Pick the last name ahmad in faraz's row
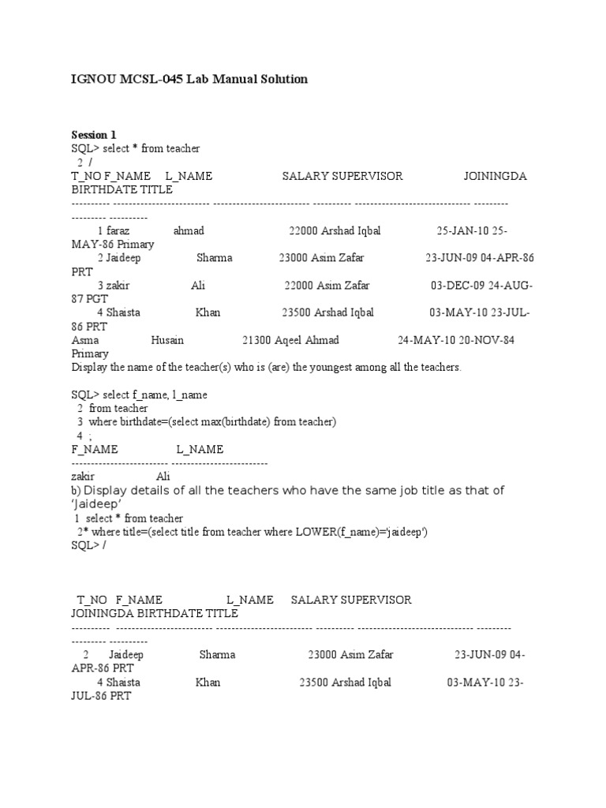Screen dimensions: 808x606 (x=189, y=231)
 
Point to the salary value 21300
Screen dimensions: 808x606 (x=256, y=340)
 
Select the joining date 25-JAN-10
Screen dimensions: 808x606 (x=462, y=231)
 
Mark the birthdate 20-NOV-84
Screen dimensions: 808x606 (x=485, y=340)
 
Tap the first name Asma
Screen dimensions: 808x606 (x=85, y=340)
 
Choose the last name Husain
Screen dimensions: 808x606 (x=166, y=340)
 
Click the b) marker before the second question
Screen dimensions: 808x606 (x=76, y=491)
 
